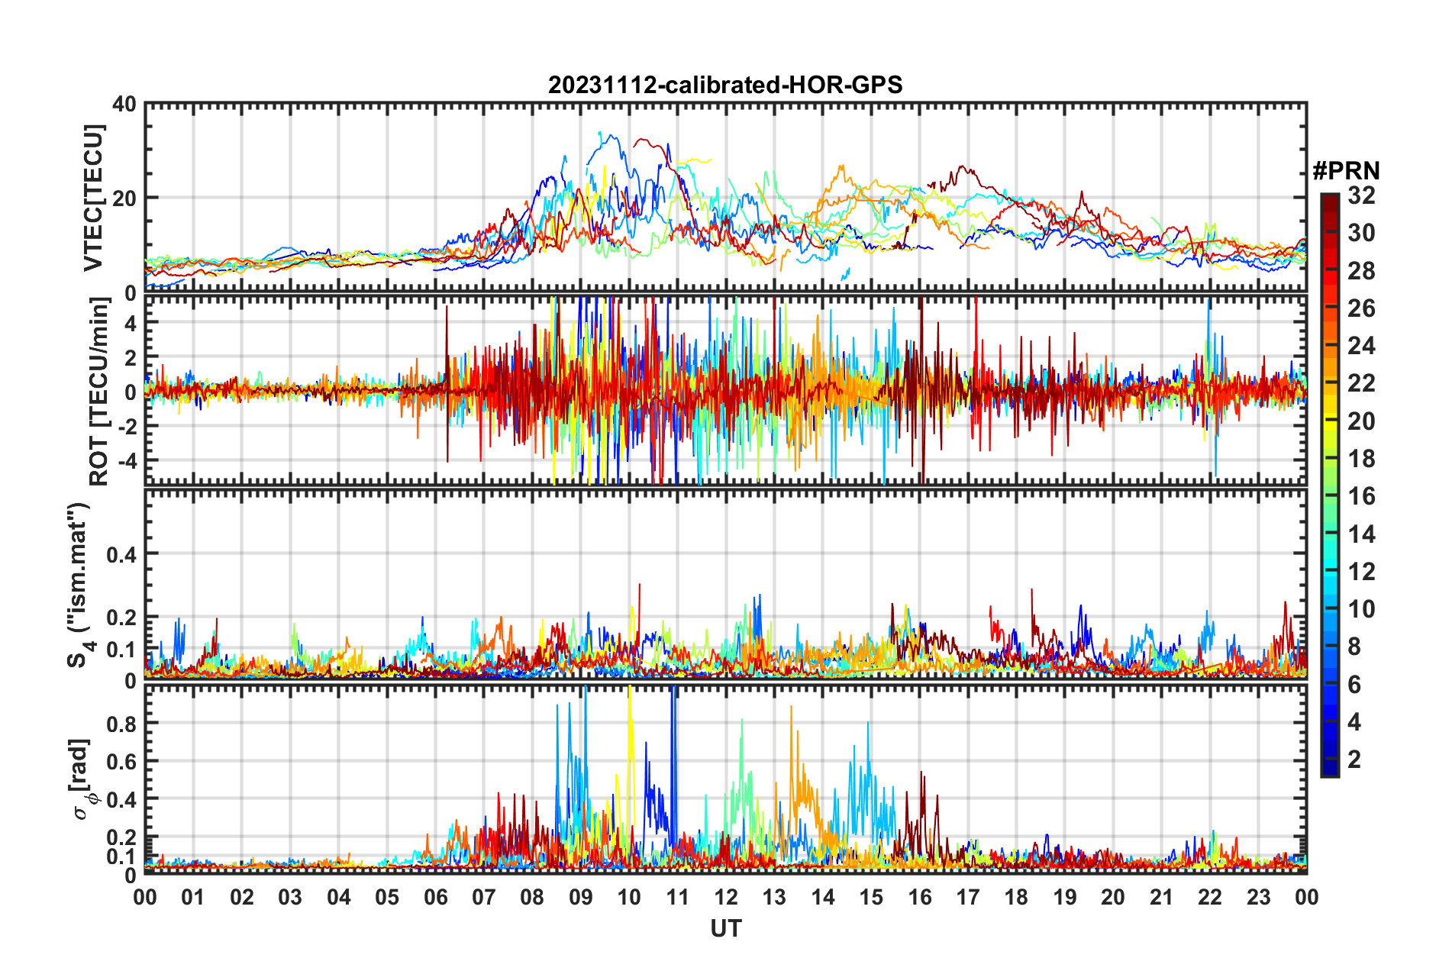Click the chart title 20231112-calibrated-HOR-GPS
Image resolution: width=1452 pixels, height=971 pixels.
(725, 85)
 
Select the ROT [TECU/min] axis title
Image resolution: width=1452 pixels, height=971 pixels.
(99, 392)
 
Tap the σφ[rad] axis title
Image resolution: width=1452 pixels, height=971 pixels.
(84, 779)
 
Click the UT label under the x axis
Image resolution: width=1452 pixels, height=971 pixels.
(725, 928)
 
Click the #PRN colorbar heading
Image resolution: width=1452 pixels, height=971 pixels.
(1346, 170)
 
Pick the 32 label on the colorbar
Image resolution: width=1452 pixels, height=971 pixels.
(1361, 195)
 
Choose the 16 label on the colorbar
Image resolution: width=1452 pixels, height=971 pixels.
(1361, 496)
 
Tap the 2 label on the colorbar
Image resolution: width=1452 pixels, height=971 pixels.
(1354, 759)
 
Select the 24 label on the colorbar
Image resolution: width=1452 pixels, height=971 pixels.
(1361, 346)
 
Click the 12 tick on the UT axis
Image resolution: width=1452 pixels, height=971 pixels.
(726, 897)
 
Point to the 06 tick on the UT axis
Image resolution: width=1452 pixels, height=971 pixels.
(436, 897)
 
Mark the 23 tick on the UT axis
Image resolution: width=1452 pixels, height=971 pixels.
(1258, 897)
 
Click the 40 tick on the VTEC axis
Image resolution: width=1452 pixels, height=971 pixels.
(124, 104)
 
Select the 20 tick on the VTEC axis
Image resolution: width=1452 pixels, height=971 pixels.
(124, 198)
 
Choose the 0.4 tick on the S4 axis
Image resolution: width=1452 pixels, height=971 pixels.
(121, 554)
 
